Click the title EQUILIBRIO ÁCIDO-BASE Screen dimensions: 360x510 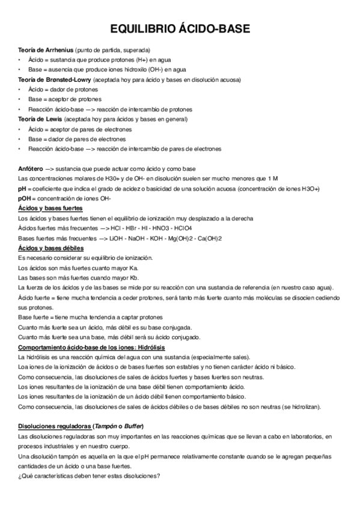[180, 29]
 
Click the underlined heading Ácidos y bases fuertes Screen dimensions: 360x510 [50, 208]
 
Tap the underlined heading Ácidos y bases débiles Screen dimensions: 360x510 [50, 248]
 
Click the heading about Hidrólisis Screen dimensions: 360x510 [91, 348]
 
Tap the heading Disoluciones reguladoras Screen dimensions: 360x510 [54, 426]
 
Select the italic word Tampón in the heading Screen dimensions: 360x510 [109, 426]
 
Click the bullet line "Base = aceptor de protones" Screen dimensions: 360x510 [65, 99]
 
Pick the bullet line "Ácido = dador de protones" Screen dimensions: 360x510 [63, 89]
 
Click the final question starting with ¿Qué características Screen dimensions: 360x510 [89, 476]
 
